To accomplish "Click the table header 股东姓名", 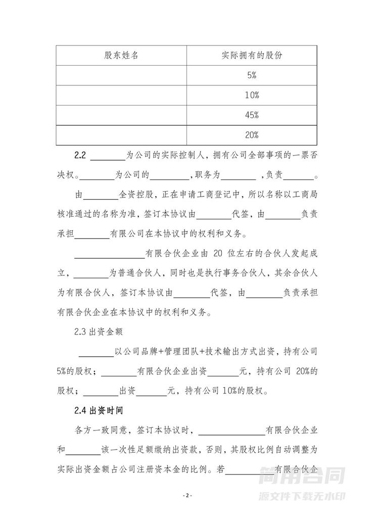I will pos(121,56).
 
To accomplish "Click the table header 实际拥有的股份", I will pos(252,56).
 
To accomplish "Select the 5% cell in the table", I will pos(252,76).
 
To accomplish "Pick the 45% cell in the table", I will pos(252,115).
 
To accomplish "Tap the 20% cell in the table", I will pos(252,135).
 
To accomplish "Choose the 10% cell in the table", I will pos(252,95).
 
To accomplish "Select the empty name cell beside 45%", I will pos(121,115).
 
